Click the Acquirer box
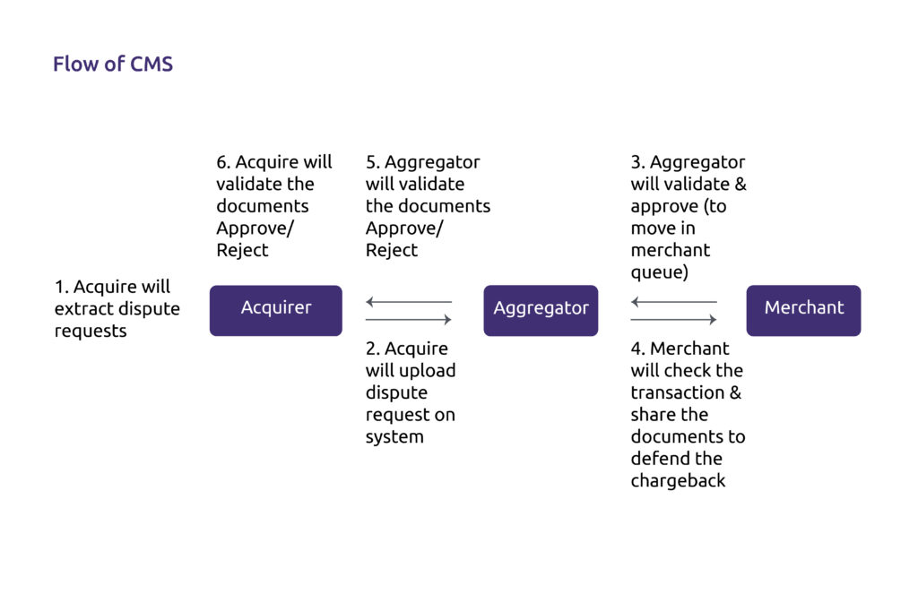click(x=276, y=311)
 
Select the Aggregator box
click(x=541, y=311)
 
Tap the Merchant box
click(x=804, y=311)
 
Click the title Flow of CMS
click(x=113, y=64)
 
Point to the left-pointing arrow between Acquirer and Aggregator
click(x=409, y=302)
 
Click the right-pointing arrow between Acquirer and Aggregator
click(x=409, y=319)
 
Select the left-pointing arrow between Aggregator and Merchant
click(x=674, y=302)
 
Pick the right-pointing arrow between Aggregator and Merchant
click(x=674, y=319)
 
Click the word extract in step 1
click(x=83, y=309)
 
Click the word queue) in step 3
click(x=660, y=272)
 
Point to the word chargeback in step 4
click(x=678, y=481)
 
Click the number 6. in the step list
click(x=223, y=162)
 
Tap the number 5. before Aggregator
click(x=372, y=162)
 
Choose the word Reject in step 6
click(x=242, y=250)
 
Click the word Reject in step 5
click(x=392, y=250)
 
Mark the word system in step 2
click(x=394, y=437)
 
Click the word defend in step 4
click(x=655, y=459)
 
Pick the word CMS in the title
click(x=151, y=64)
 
